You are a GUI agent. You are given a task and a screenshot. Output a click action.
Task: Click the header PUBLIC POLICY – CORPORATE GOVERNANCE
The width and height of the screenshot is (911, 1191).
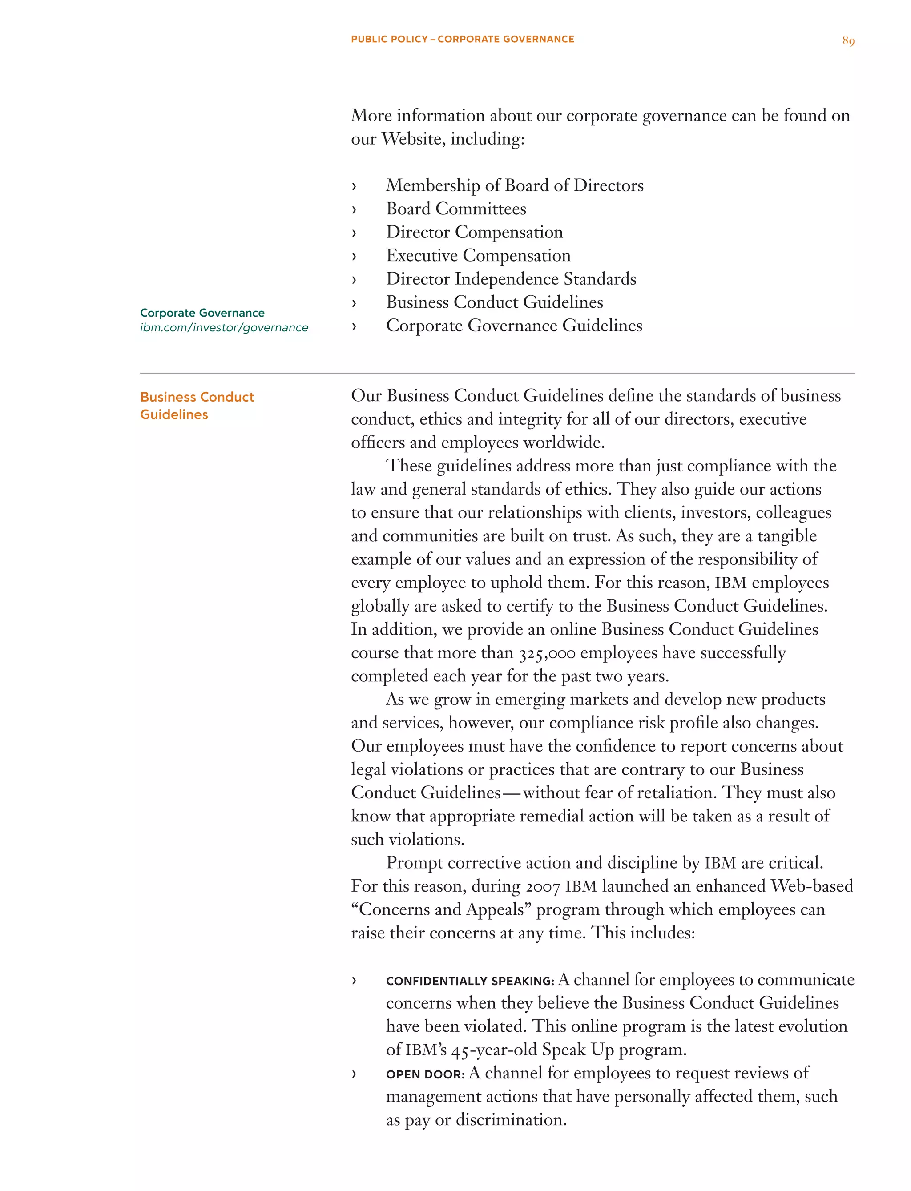tap(462, 39)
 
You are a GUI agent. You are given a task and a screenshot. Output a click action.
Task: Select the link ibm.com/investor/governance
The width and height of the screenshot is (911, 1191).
tap(224, 327)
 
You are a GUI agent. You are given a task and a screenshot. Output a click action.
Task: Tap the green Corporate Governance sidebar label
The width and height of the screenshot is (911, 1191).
tap(202, 313)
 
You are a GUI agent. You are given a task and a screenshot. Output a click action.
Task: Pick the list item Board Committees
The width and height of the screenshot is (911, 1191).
tap(455, 209)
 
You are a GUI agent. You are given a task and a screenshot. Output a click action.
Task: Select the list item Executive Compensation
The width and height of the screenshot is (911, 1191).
tap(478, 255)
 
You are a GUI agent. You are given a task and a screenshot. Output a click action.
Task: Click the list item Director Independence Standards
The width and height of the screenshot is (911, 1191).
tap(511, 279)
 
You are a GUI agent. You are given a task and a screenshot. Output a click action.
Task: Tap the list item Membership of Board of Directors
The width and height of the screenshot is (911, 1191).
tap(514, 185)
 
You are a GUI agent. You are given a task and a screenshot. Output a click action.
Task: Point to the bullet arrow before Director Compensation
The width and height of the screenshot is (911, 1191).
tap(354, 233)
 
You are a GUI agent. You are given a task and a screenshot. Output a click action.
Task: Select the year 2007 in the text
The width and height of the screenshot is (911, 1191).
tap(542, 887)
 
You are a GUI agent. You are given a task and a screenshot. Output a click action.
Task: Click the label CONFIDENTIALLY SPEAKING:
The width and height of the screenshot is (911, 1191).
tap(470, 981)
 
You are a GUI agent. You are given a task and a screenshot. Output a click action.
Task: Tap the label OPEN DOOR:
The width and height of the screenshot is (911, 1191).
tap(425, 1074)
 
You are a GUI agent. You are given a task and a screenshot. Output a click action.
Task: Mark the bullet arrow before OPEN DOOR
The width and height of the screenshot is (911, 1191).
tap(354, 1074)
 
